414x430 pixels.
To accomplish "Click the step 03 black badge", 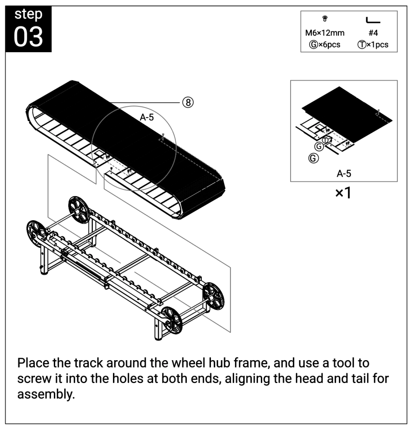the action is click(28, 29).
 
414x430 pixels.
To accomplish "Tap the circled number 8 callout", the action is click(188, 103).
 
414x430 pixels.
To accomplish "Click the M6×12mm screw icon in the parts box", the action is click(325, 19).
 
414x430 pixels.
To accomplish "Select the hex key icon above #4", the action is click(373, 20).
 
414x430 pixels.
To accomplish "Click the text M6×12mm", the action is click(325, 33).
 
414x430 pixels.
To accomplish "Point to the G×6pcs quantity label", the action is click(325, 44).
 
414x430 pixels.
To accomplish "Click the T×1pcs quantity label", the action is click(373, 44).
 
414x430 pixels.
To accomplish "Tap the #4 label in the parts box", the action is click(373, 33).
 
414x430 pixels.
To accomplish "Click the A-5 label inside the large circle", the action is click(147, 117).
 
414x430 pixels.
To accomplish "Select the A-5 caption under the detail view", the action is click(344, 174).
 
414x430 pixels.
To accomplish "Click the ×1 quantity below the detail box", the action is click(343, 193).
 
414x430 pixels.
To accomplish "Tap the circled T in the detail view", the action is click(326, 140).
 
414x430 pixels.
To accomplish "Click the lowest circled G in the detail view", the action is click(314, 158).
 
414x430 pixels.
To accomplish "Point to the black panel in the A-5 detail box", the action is click(347, 115).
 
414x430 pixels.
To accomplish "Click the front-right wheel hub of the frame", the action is click(172, 320).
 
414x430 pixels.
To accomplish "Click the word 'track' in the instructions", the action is click(89, 363).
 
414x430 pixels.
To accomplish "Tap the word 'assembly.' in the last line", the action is click(46, 394).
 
